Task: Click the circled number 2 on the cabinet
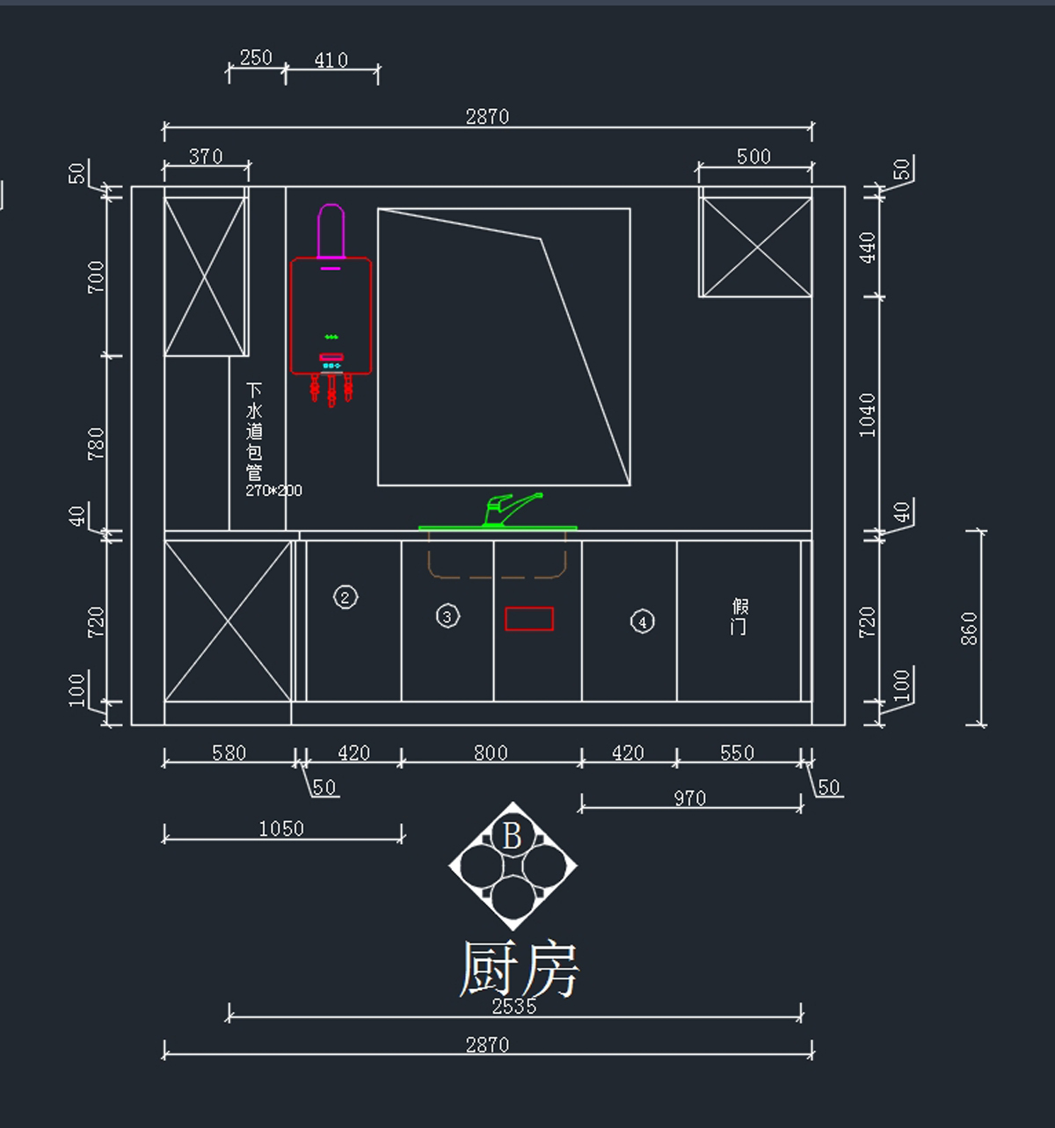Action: pyautogui.click(x=346, y=598)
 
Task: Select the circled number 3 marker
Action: pyautogui.click(x=447, y=616)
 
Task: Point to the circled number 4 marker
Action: pyautogui.click(x=643, y=622)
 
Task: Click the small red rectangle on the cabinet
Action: pyautogui.click(x=529, y=619)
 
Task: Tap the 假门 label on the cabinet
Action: pyautogui.click(x=740, y=616)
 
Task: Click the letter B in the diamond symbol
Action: pyautogui.click(x=513, y=835)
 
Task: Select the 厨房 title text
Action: pyautogui.click(x=519, y=969)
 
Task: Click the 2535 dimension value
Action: pyautogui.click(x=514, y=1006)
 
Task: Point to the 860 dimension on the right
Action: pyautogui.click(x=969, y=629)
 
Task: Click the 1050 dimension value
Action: pyautogui.click(x=281, y=828)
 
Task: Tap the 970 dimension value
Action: pyautogui.click(x=690, y=798)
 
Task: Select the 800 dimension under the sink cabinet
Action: pyautogui.click(x=491, y=753)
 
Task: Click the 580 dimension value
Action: pyautogui.click(x=229, y=753)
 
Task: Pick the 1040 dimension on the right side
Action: pyautogui.click(x=868, y=415)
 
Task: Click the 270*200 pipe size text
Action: pyautogui.click(x=273, y=491)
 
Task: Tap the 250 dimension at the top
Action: pyautogui.click(x=256, y=57)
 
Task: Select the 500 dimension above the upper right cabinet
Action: pyautogui.click(x=753, y=156)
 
